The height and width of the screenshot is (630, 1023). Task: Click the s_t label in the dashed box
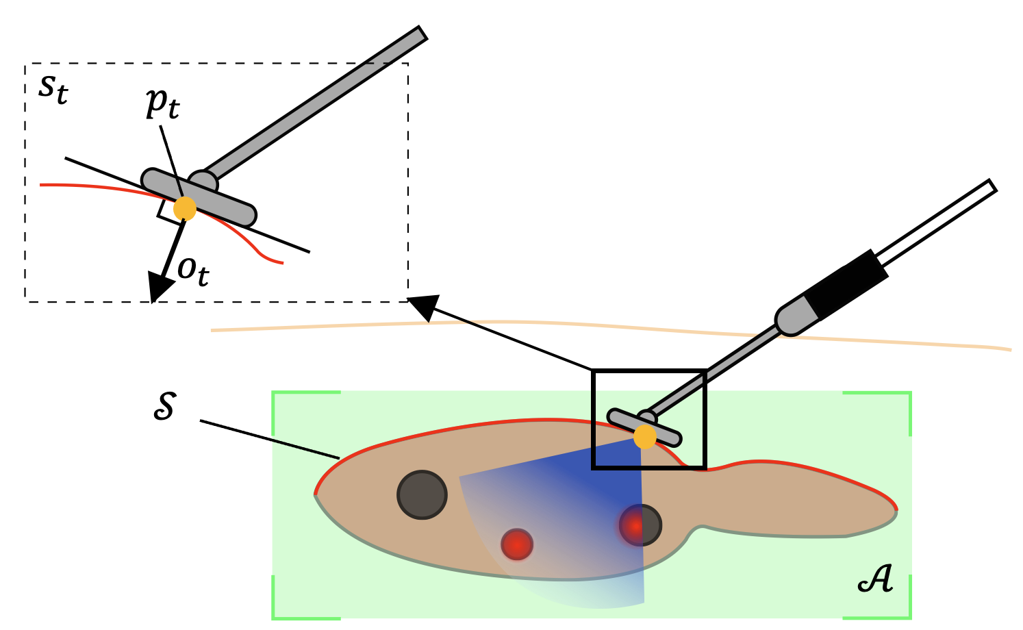click(x=53, y=88)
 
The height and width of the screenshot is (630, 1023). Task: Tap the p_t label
click(x=163, y=104)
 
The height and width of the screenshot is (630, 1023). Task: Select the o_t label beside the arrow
click(x=193, y=271)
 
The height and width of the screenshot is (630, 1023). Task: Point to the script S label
click(x=164, y=407)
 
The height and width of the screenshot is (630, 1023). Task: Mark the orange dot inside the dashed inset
click(x=184, y=209)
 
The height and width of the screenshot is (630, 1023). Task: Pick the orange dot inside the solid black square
click(x=644, y=437)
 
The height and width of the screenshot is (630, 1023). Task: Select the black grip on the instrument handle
click(x=846, y=284)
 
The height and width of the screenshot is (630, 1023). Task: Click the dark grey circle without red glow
click(x=422, y=494)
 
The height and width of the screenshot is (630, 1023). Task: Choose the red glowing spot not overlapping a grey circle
click(x=517, y=544)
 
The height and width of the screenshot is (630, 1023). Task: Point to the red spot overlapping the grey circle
click(x=635, y=526)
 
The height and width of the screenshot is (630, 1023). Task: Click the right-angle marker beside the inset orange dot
click(x=165, y=212)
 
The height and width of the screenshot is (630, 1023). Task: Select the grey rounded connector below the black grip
click(x=795, y=316)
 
